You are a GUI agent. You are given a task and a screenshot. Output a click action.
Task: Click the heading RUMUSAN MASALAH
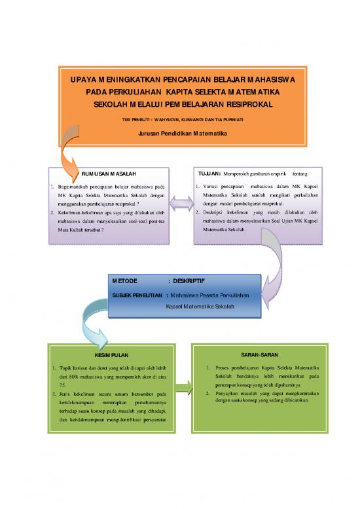click(x=109, y=173)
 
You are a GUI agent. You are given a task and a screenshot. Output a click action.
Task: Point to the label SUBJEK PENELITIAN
click(x=137, y=295)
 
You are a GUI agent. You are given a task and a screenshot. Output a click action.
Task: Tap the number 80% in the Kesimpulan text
click(x=77, y=378)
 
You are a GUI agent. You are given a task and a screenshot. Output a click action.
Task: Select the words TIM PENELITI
click(x=135, y=119)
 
